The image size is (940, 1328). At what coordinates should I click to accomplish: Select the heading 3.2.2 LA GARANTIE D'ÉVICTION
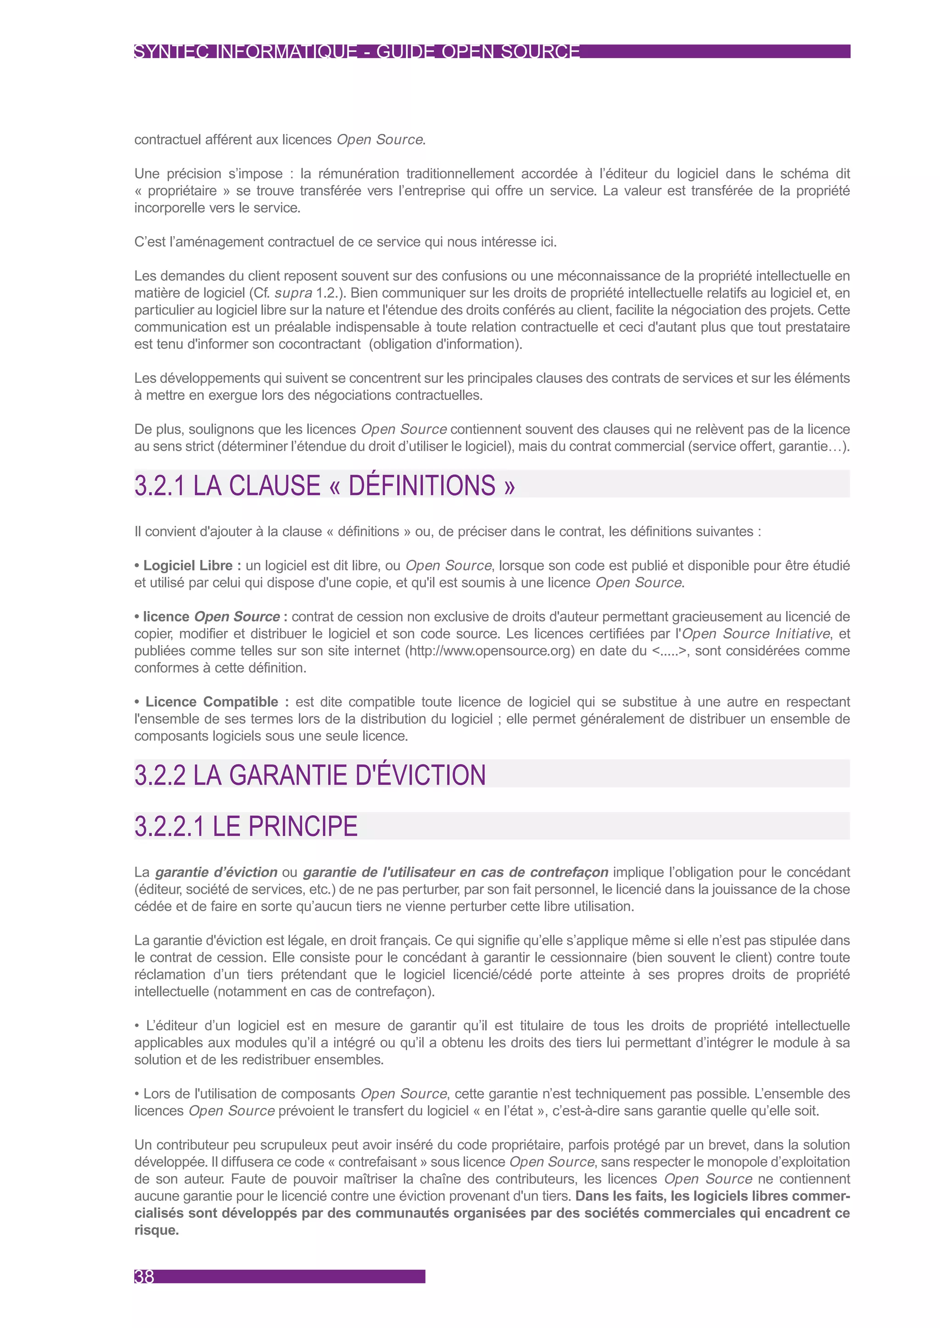point(310,775)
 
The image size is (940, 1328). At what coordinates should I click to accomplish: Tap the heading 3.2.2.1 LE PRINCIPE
point(246,826)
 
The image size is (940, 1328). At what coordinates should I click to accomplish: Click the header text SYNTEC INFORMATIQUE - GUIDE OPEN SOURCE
point(357,51)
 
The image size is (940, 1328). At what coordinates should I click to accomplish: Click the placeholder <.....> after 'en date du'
point(669,651)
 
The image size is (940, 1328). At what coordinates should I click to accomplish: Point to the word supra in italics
point(293,293)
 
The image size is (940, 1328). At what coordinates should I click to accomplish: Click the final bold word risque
point(156,1230)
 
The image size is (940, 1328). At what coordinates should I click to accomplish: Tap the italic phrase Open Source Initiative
point(756,634)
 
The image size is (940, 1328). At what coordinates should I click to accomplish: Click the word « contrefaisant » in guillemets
point(377,1162)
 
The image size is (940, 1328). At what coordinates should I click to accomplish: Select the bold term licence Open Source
point(211,617)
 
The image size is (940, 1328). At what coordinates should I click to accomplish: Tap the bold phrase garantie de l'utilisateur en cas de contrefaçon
point(455,872)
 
